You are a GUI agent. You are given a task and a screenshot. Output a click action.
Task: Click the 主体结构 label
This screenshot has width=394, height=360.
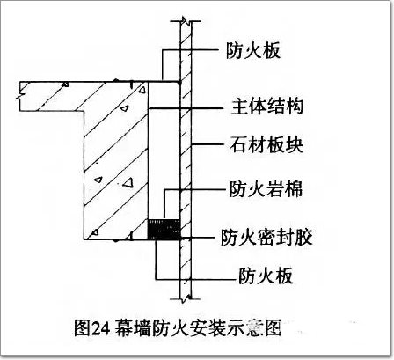[267, 107]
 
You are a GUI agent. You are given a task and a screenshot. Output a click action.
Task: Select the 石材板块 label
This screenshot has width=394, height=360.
[266, 145]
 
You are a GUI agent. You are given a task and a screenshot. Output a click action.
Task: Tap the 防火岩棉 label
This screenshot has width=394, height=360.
[266, 188]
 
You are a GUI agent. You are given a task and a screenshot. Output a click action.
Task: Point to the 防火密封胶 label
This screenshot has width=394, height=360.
[266, 237]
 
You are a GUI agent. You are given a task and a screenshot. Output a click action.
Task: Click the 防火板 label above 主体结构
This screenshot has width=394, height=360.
[253, 51]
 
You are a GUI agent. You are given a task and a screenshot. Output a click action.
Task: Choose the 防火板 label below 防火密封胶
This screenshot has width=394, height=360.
[266, 276]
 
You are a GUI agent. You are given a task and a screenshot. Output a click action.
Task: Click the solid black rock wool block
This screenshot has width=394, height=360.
[164, 230]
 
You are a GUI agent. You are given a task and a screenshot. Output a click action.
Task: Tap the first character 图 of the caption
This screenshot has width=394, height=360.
[82, 328]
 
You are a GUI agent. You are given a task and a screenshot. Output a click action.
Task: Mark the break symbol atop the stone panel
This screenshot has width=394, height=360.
[186, 21]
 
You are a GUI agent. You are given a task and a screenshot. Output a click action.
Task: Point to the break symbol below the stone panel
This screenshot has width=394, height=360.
[186, 298]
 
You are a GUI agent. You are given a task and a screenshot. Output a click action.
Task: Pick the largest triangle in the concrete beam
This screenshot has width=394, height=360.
[128, 183]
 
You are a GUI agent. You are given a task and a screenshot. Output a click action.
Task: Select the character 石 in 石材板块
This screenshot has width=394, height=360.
[238, 145]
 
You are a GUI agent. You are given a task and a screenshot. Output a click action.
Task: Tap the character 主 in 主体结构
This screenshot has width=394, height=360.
[240, 107]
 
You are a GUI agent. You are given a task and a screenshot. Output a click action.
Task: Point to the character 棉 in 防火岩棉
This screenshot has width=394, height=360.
[294, 188]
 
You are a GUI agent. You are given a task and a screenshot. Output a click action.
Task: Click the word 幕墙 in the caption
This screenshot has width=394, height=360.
[131, 328]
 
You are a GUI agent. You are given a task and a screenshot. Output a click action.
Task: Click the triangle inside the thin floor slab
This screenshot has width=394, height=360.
[66, 84]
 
